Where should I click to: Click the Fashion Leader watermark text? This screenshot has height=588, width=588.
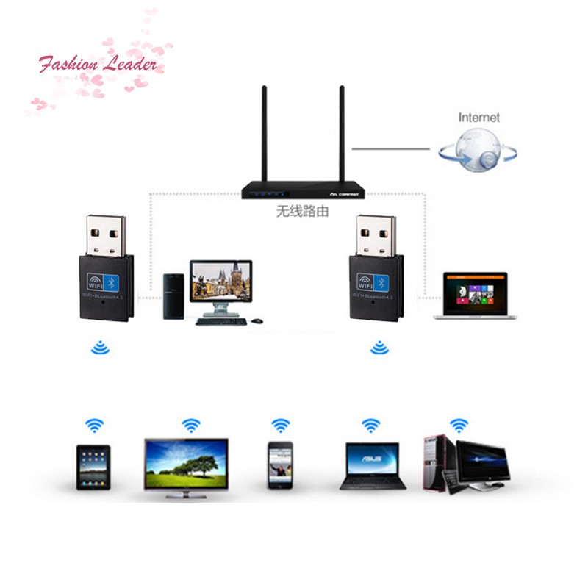98,65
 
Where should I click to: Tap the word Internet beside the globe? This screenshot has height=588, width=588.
478,117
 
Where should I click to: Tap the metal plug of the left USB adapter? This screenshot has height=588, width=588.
106,234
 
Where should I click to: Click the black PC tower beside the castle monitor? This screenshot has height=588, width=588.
173,297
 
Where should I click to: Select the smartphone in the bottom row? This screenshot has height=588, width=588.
280,465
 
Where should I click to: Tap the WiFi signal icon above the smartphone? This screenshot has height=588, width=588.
280,425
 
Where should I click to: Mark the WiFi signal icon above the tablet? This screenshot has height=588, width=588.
94,425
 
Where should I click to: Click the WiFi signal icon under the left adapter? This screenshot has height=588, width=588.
100,346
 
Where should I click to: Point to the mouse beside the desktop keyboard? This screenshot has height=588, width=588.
256,321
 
